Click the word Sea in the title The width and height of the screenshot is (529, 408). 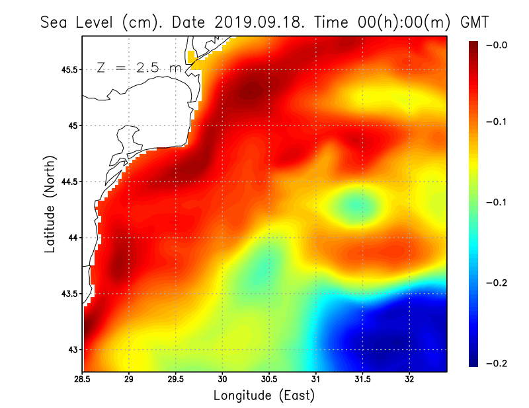click(x=55, y=22)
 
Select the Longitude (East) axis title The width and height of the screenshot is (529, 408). click(x=264, y=395)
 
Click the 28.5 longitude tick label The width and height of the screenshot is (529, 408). click(x=83, y=380)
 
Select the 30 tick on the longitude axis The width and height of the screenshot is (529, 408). click(x=223, y=380)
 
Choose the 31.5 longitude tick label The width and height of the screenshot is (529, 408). click(x=363, y=380)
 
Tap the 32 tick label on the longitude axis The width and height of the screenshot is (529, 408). click(x=410, y=380)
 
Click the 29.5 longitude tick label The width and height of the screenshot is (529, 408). click(x=176, y=380)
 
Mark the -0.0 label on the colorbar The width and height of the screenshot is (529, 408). click(x=497, y=45)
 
